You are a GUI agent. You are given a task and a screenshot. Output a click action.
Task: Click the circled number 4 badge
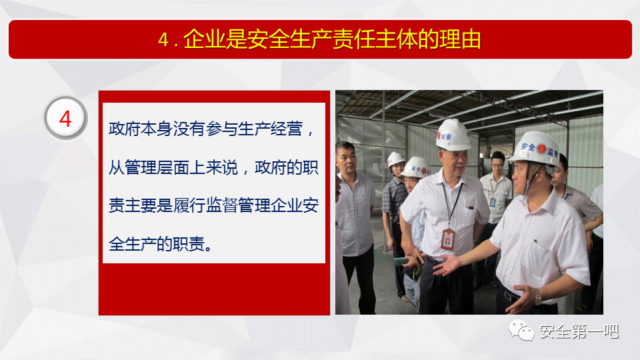pos(66,119)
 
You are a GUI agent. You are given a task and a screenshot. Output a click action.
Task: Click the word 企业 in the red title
pos(204,39)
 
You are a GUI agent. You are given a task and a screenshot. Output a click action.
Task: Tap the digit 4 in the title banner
pos(163,40)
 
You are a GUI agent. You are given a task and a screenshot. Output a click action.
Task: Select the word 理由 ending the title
pos(460,39)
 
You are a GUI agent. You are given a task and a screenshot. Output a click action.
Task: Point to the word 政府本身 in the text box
pos(141,129)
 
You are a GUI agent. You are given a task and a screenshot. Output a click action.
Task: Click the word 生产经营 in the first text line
pos(270,129)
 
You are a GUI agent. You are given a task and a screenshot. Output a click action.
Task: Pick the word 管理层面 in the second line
pos(157,167)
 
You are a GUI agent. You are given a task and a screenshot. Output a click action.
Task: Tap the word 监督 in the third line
pos(221,205)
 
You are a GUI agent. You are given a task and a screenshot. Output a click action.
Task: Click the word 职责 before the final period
pos(189,244)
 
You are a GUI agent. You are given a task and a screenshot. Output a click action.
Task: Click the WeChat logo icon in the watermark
pos(521,330)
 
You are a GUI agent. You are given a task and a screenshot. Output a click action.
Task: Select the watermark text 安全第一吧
pos(579,331)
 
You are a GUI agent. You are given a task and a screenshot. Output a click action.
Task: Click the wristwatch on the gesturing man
pos(539,299)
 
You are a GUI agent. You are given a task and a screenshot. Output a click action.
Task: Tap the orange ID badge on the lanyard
pos(448,239)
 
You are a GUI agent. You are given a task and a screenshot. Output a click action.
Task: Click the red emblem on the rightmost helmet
pos(541,149)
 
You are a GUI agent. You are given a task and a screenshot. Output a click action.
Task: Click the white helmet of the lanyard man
pos(453,135)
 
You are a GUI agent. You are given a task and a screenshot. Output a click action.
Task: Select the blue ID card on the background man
pos(493,202)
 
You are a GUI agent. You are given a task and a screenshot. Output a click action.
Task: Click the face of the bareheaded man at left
pos(346,159)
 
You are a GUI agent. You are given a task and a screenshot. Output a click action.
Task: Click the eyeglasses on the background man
pos(497,165)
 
